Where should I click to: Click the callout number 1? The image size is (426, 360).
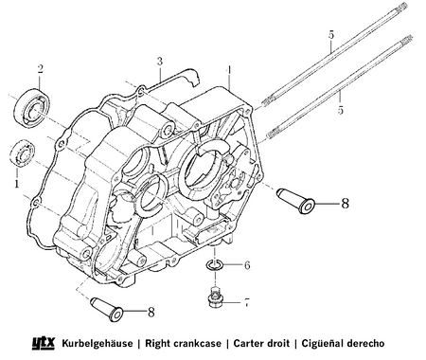coord(16,184)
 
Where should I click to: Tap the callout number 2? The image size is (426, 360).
coord(40,69)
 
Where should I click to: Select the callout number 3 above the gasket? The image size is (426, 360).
coord(160,62)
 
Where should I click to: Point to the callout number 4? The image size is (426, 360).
coord(229,70)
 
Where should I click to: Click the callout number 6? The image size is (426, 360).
coord(247,265)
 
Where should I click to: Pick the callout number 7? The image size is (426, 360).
coord(247,302)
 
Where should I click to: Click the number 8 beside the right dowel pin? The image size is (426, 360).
coord(346,204)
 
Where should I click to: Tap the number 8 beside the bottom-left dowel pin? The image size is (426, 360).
coord(151,313)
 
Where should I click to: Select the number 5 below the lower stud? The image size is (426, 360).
coord(340,111)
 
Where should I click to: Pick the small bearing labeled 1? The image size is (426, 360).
coord(22,153)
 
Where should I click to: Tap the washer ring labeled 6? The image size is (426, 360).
coord(215,265)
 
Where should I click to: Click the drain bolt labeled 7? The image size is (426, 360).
coord(216,297)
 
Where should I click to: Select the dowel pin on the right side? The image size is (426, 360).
coord(295,201)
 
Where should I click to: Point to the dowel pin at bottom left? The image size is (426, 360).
coord(107,310)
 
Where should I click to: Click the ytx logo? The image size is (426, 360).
coord(44,343)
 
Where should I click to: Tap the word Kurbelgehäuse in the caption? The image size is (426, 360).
coord(98,343)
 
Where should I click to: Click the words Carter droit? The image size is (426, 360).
coord(261,343)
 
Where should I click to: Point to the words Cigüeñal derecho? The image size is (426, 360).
coord(343,343)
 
